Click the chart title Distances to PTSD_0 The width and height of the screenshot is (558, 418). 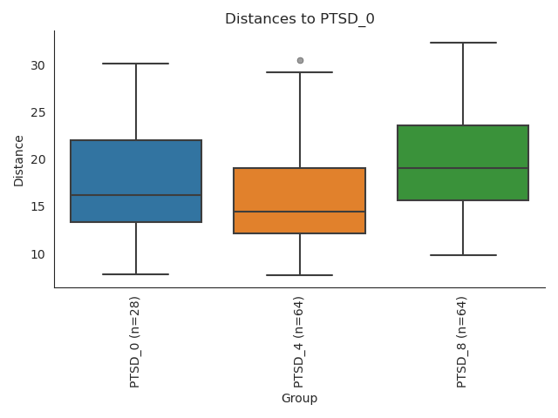coord(299,19)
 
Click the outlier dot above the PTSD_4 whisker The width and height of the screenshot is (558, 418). coord(300,60)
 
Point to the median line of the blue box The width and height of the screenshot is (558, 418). coord(136,195)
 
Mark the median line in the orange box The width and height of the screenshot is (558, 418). coord(299,212)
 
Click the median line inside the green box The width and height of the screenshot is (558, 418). coord(463,168)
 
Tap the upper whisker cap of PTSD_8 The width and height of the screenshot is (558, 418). coord(463,43)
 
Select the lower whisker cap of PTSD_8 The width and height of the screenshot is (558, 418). coord(463,255)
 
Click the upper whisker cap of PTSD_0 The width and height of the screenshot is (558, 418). coord(136,64)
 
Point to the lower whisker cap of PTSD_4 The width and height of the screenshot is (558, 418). coord(299,275)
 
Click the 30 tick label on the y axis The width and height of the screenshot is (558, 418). coord(37,65)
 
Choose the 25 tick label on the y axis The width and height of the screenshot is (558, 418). coord(37,112)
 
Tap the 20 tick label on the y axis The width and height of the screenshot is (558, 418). coord(37,159)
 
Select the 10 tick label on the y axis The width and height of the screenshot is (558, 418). coord(37,254)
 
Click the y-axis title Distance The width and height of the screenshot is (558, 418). coord(19,159)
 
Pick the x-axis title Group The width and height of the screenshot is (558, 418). coord(299,399)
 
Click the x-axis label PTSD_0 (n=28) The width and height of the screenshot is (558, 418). coord(135,341)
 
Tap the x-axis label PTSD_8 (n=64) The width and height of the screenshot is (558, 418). coord(462,341)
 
